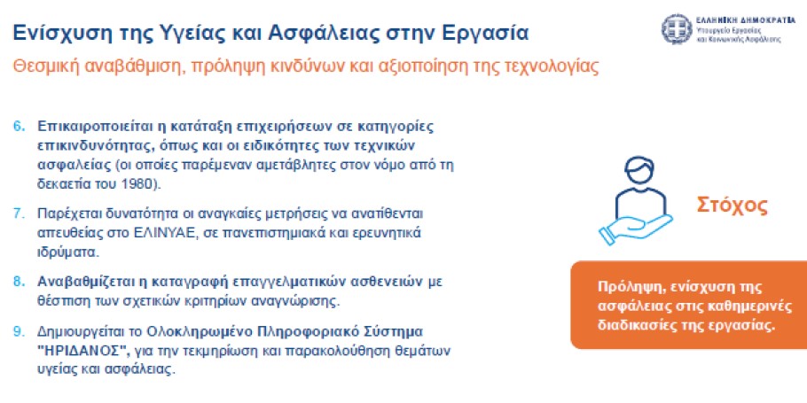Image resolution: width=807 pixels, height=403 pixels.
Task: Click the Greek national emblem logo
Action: pos(677,29)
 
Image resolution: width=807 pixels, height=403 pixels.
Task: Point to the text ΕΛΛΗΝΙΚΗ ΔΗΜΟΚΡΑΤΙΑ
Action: pos(745,21)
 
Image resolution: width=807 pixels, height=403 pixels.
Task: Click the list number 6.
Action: pos(19,127)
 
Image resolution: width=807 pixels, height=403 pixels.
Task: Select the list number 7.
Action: pos(19,213)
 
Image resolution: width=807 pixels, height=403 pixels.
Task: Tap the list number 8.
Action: pos(19,283)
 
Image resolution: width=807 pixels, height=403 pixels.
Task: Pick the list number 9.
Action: pos(19,331)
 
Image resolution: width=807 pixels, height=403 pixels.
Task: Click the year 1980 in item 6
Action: pos(142,184)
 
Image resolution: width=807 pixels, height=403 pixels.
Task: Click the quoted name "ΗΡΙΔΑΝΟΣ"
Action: pos(84,351)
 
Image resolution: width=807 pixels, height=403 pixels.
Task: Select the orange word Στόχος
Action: pos(732,205)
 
